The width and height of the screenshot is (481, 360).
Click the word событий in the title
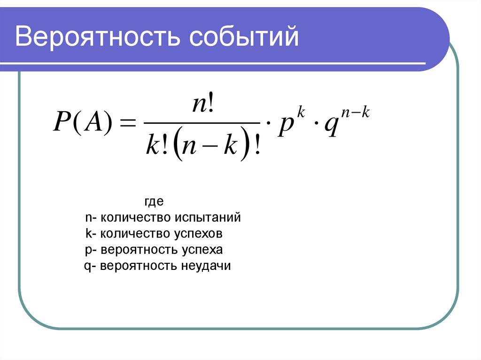[x=244, y=37]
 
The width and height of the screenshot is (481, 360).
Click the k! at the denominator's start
[x=157, y=146]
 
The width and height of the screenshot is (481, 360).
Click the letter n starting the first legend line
[x=88, y=218]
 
